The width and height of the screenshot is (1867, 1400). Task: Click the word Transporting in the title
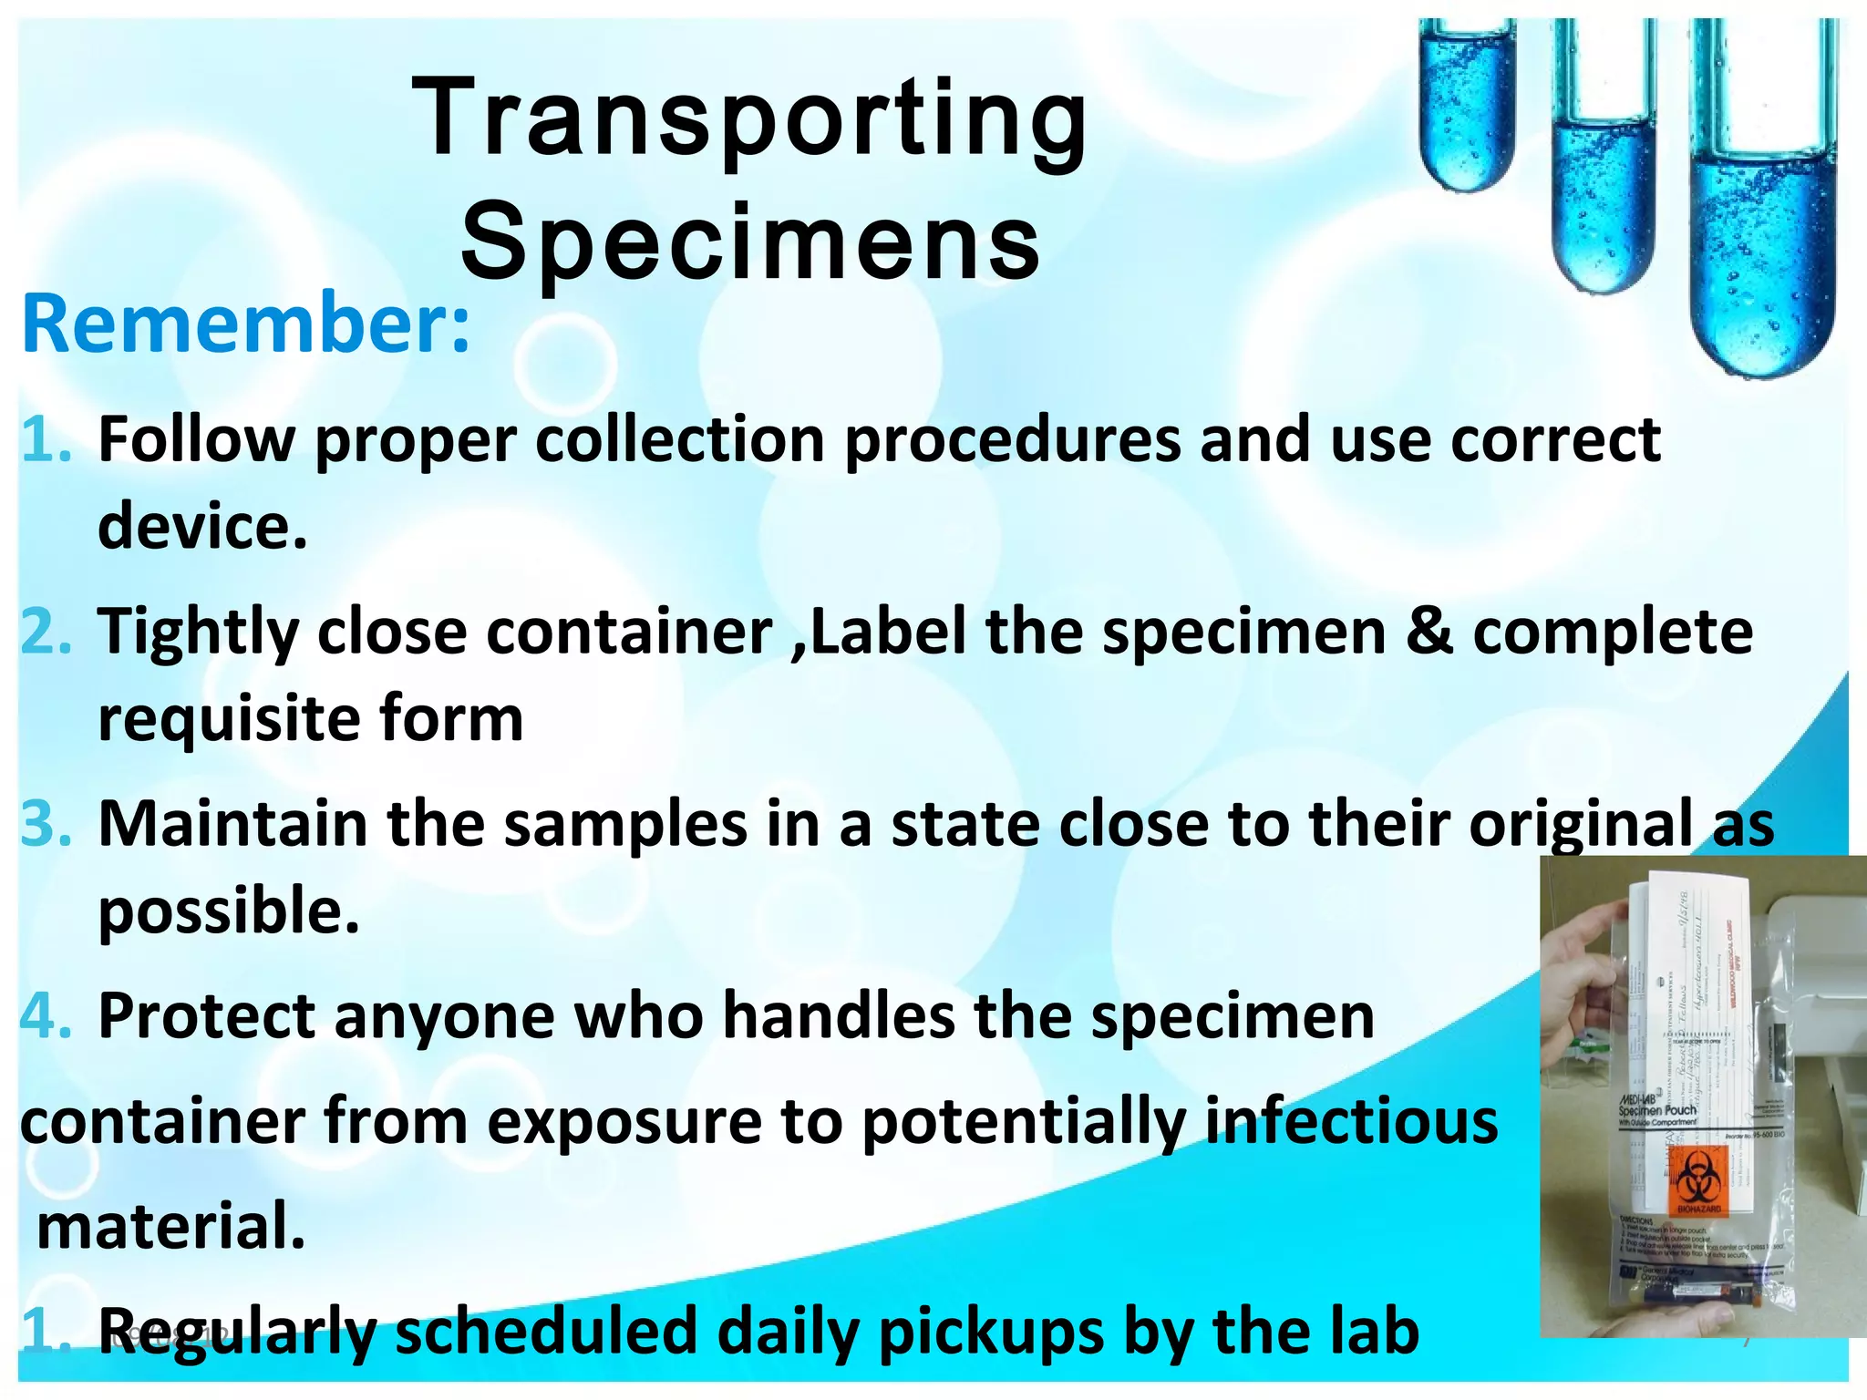[749, 118]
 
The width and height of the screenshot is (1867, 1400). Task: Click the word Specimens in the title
[749, 242]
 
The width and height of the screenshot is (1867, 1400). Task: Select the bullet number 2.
[46, 632]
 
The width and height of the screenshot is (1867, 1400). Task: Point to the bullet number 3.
[46, 824]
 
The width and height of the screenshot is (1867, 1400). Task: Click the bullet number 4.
[46, 1016]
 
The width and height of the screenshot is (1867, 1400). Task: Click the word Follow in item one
[196, 439]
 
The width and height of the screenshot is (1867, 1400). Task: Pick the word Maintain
[232, 824]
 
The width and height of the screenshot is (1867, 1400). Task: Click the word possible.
[228, 911]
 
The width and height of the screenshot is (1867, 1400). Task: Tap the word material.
[170, 1227]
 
